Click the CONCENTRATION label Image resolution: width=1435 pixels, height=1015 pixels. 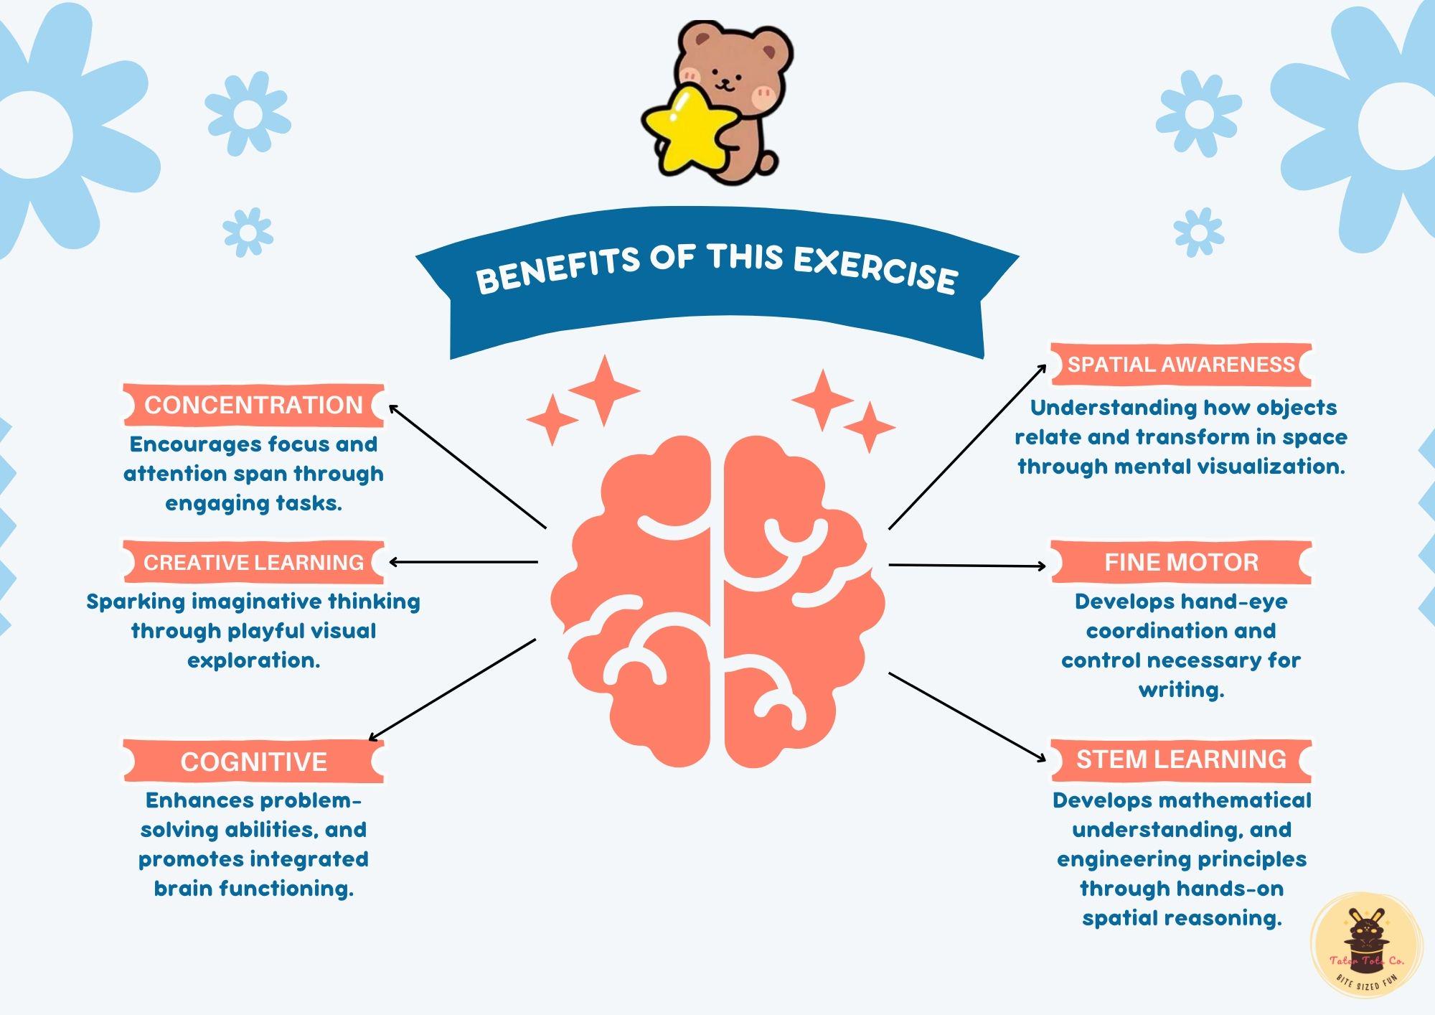(253, 406)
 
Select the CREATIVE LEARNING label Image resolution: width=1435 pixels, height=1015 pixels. (253, 562)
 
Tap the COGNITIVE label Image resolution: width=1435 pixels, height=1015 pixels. (253, 762)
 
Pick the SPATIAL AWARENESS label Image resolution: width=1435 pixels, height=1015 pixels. (1181, 365)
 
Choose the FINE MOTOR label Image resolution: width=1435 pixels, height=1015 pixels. (1181, 562)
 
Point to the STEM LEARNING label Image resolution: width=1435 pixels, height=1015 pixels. (1181, 759)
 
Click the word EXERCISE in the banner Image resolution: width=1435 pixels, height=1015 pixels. (875, 271)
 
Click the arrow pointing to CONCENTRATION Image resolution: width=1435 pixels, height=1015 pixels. (466, 467)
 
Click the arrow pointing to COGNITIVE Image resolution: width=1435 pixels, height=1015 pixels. (452, 689)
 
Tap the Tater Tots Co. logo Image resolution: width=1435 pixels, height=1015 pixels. (1366, 945)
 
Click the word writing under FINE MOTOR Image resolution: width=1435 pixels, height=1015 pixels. (1181, 690)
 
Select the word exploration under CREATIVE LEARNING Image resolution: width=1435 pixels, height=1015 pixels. (253, 660)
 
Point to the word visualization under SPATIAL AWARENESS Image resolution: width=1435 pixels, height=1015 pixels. (1263, 467)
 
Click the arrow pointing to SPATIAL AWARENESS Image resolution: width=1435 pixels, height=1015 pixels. (967, 446)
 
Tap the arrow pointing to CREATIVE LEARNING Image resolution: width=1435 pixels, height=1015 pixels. (464, 562)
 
